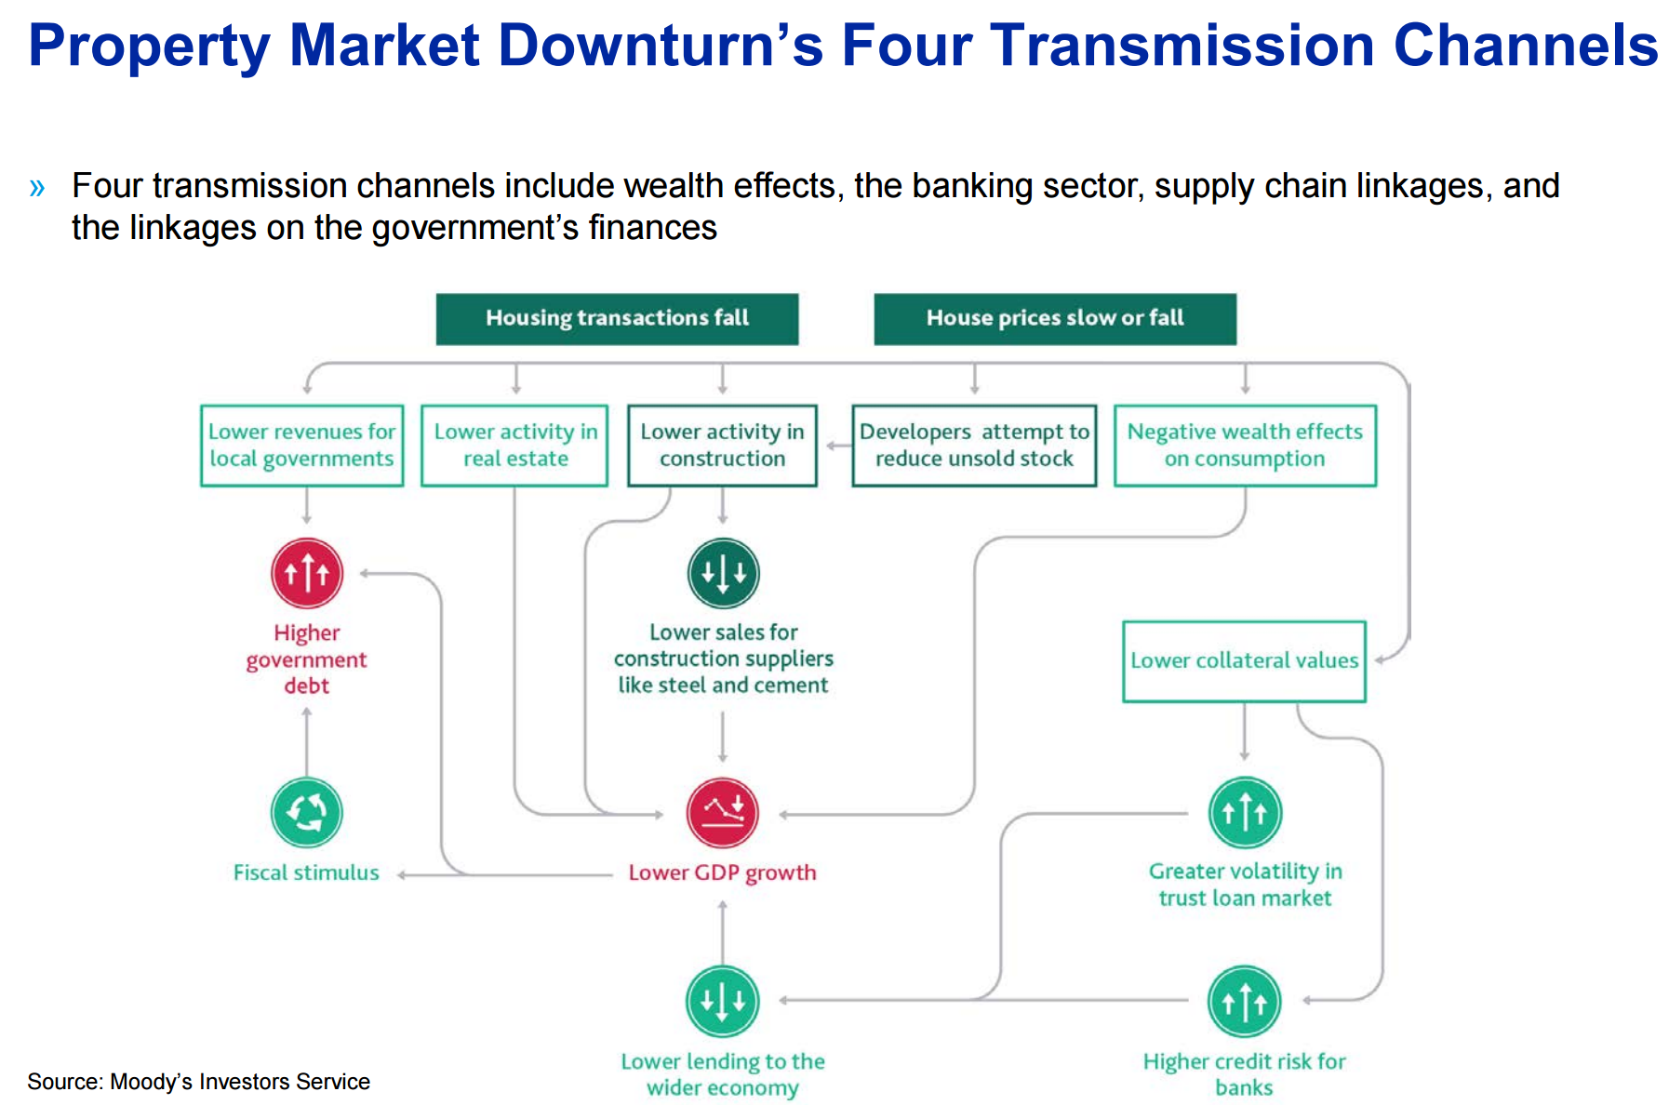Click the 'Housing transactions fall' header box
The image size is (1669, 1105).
pos(617,319)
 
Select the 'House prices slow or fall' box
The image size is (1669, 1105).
pos(1055,319)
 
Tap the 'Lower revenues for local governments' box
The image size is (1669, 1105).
pos(302,446)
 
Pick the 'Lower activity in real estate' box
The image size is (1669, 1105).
pos(514,446)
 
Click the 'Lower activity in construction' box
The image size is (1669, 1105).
pos(723,446)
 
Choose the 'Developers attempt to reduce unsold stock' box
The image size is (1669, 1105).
pos(974,446)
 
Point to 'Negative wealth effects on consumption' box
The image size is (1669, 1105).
pos(1245,446)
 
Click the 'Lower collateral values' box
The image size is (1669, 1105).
pos(1244,661)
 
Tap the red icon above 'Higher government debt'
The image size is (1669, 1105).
pos(307,573)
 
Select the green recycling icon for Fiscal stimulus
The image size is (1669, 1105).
pos(307,813)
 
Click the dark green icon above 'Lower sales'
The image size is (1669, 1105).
pos(724,573)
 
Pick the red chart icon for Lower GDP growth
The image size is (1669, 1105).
pos(723,813)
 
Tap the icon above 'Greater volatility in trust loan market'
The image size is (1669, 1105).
pos(1245,813)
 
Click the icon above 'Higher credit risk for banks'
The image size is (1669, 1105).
pos(1245,1002)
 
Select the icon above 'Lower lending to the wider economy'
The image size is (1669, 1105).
pos(723,1002)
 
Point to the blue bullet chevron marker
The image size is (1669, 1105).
pos(37,188)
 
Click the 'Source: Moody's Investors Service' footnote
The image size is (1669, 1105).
pos(198,1082)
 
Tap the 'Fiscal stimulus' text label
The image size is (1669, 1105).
pos(306,872)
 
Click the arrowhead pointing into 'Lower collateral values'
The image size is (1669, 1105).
pos(1380,660)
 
